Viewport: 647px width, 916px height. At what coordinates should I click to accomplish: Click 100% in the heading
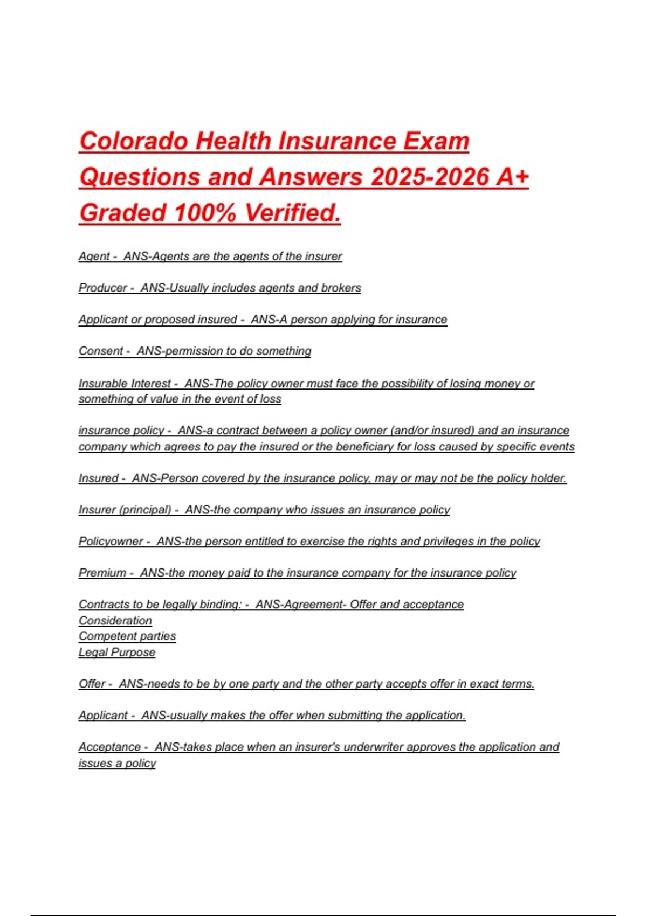coord(205,213)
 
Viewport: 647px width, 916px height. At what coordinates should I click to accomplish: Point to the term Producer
coord(103,288)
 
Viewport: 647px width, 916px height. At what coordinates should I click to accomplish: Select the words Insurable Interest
coord(125,384)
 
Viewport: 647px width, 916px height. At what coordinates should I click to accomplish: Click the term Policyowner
coord(111,542)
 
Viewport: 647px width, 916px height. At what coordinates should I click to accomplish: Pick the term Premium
coord(102,573)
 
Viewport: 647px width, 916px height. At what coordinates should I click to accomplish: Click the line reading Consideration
coord(115,621)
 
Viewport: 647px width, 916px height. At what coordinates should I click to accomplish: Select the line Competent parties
coord(127,636)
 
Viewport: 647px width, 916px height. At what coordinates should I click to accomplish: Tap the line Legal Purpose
coord(117,653)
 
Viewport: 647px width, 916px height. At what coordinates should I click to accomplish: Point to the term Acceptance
coord(109,747)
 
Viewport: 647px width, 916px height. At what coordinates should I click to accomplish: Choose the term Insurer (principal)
coord(125,510)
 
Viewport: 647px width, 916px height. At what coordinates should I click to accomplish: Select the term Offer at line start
coord(92,684)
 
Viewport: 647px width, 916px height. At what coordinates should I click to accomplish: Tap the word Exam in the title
coord(436,142)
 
